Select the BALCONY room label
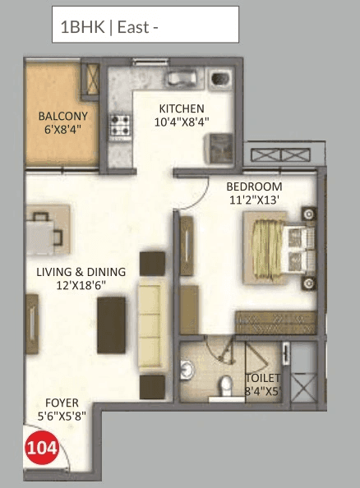60,116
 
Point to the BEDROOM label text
255,186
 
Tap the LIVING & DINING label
81,272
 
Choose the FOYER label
62,403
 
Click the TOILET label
263,379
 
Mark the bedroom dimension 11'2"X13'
255,199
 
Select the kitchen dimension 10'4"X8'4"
182,122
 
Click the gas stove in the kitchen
122,126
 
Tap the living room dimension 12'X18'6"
81,285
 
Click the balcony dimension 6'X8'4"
60,128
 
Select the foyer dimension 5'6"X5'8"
62,416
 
